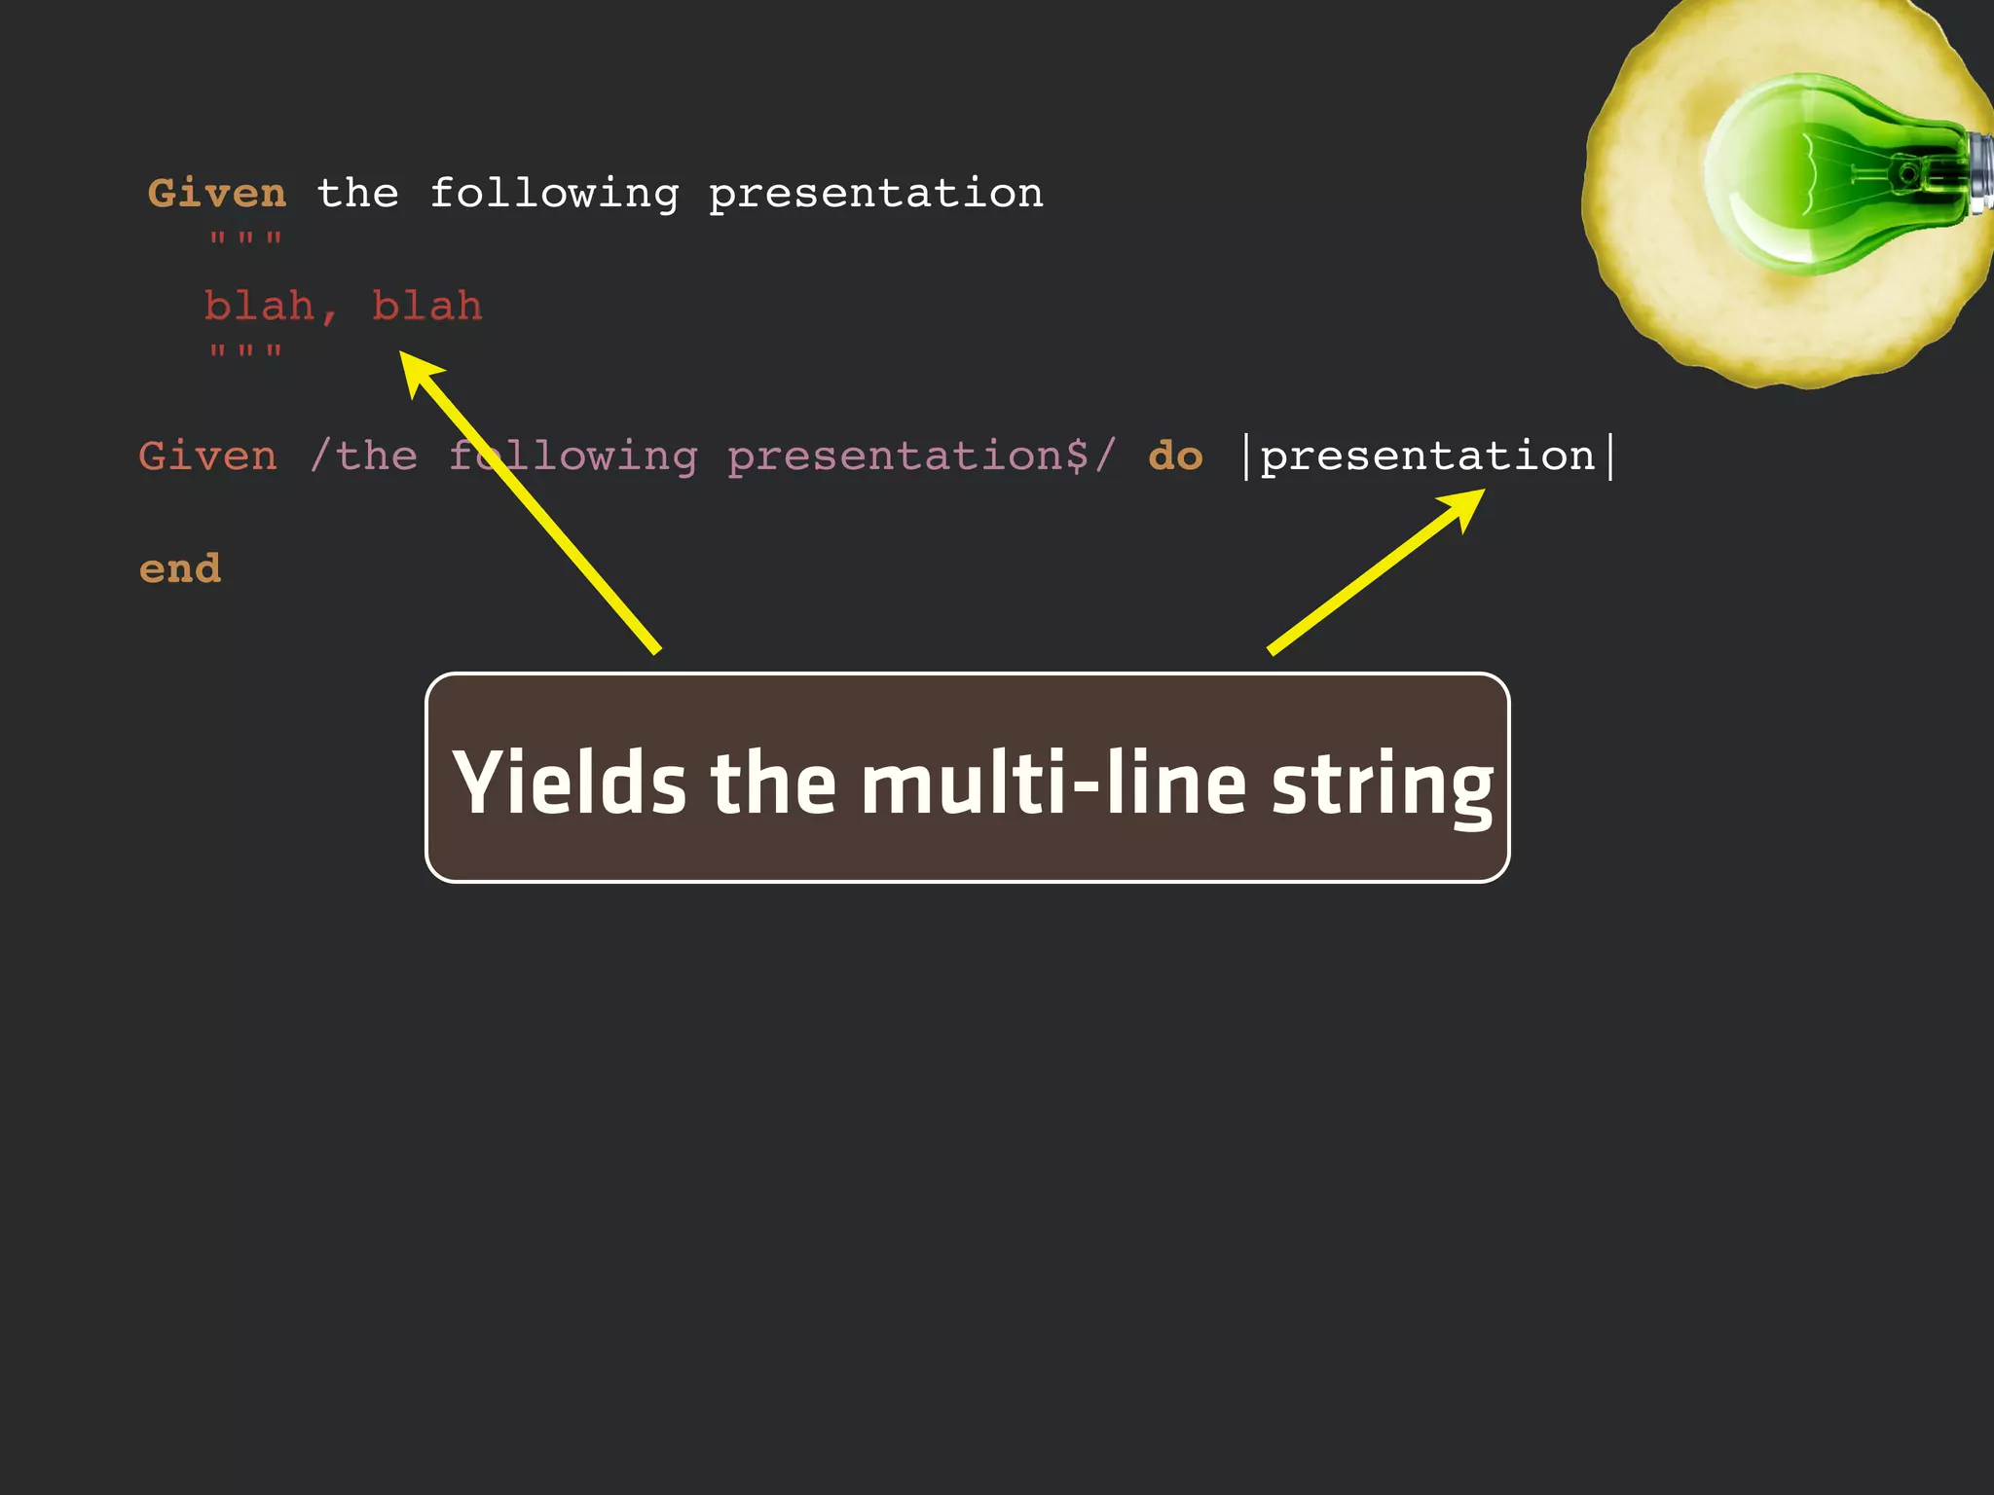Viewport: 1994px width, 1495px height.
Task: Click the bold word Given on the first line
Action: tap(217, 193)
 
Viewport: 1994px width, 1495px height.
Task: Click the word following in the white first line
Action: tap(554, 195)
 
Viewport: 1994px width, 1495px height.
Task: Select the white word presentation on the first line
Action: tap(875, 195)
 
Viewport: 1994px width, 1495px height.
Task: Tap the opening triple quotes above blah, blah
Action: tap(245, 239)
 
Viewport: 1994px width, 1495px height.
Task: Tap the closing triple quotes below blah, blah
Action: tap(245, 351)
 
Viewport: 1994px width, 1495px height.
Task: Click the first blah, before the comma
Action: tap(259, 307)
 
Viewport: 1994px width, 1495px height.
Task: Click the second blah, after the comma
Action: tap(427, 307)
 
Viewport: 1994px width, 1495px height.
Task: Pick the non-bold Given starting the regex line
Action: tap(207, 456)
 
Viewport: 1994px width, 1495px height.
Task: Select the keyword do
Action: tap(1175, 456)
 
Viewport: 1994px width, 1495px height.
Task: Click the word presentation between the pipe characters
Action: tap(1427, 456)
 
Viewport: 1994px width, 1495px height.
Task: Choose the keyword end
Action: tap(180, 568)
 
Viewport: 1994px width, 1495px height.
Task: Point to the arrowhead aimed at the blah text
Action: tap(419, 372)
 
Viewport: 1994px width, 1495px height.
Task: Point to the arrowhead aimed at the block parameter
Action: tap(1465, 506)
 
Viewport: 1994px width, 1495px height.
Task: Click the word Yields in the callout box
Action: tap(570, 783)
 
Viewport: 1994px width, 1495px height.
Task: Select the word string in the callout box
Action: tap(1382, 784)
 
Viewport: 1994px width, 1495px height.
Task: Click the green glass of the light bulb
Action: tap(1801, 175)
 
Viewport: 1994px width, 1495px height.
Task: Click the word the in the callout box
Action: tap(773, 783)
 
